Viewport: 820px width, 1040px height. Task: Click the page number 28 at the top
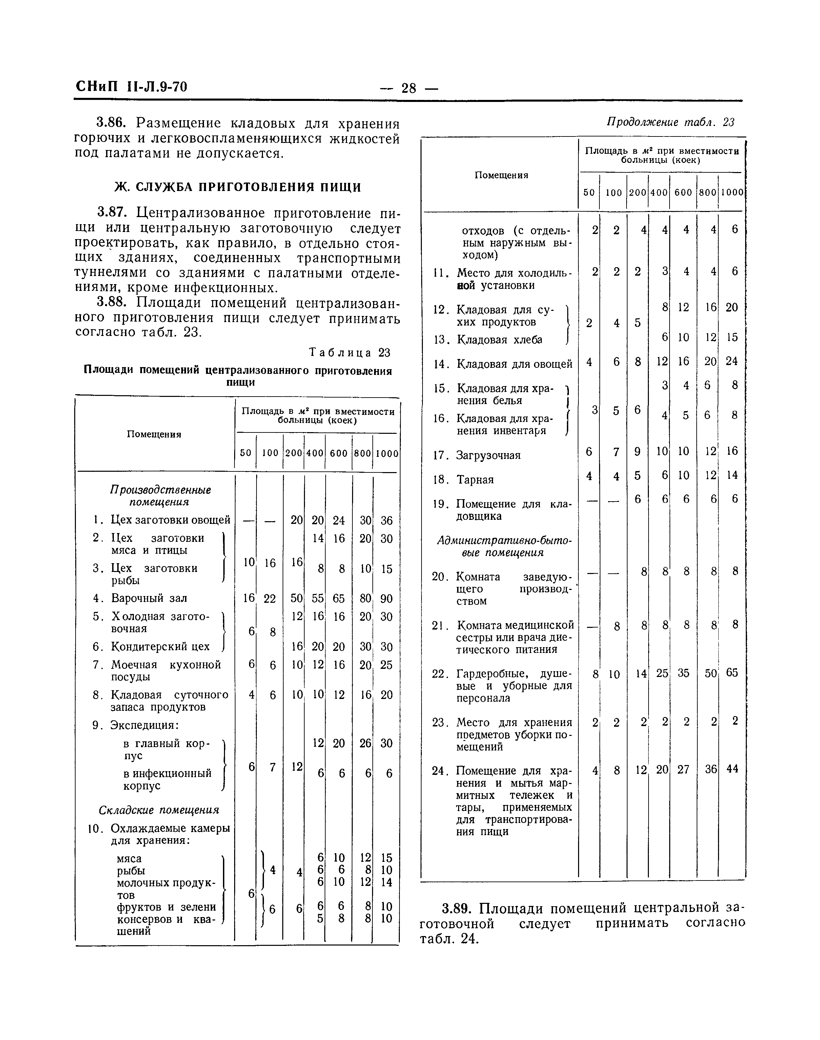(409, 88)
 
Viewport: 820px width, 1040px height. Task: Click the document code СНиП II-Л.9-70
(131, 87)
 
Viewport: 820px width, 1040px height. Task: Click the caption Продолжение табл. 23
(671, 123)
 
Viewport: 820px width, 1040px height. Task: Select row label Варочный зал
(149, 598)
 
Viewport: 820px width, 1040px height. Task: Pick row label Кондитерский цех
(160, 646)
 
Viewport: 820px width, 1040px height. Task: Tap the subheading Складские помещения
(159, 810)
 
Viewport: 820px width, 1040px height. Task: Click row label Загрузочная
(488, 455)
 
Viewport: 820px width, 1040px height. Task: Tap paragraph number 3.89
(458, 909)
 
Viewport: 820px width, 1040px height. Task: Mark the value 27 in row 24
(683, 769)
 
